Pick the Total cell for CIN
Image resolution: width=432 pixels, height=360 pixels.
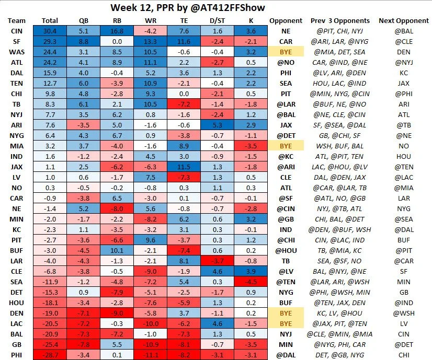tap(50, 31)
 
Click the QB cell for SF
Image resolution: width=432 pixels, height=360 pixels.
tap(83, 41)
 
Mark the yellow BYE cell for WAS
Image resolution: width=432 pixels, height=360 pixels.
tap(286, 52)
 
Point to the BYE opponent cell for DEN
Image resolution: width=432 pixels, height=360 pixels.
tap(286, 313)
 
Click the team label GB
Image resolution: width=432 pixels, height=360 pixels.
tap(16, 344)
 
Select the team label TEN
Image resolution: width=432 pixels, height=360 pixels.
tap(16, 83)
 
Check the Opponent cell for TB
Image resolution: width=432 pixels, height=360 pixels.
tap(286, 104)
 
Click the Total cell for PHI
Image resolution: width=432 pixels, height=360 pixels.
tap(50, 355)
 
